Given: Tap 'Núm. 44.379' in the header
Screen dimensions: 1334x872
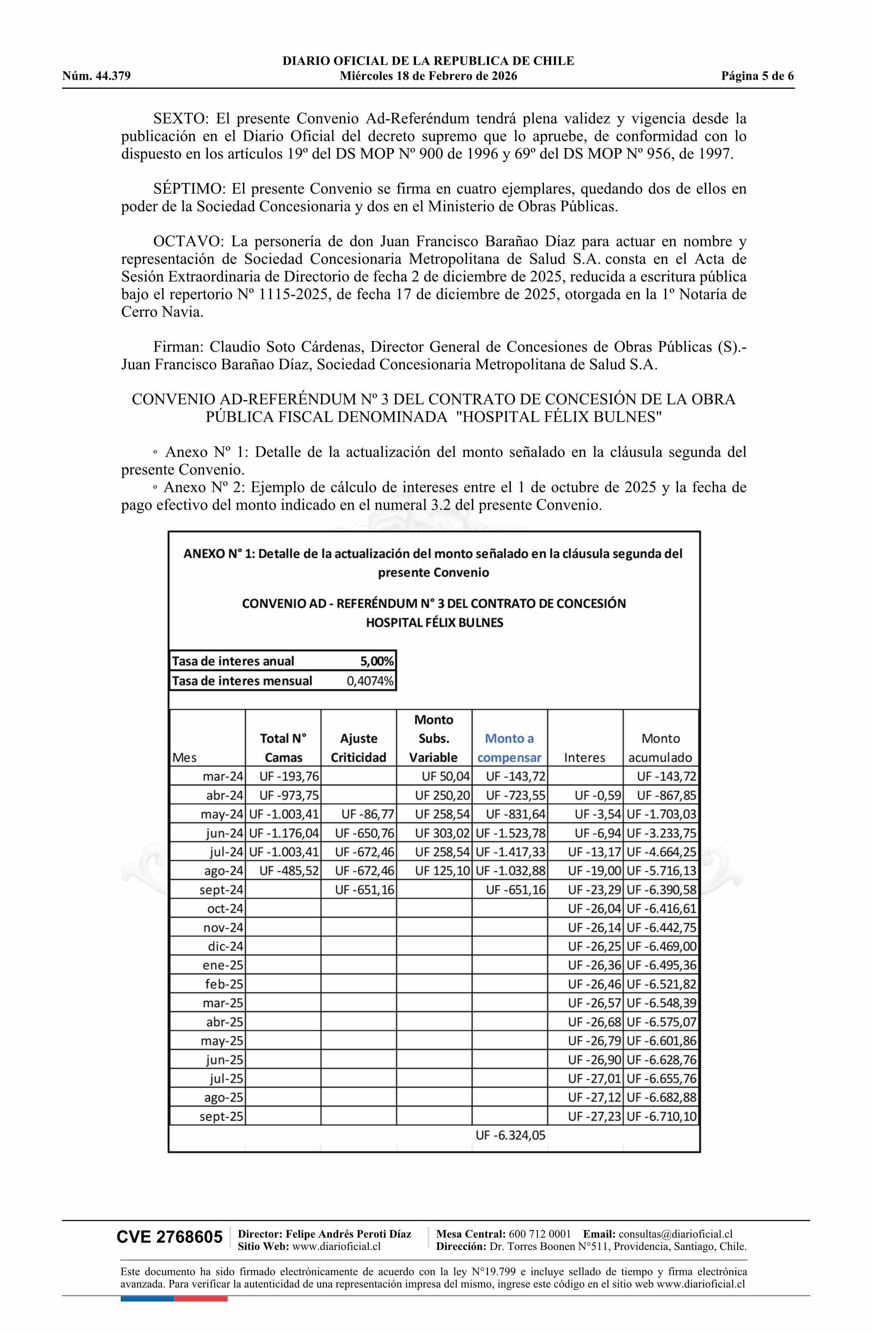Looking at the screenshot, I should point(96,76).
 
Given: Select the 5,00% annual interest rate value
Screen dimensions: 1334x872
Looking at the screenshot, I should point(376,662).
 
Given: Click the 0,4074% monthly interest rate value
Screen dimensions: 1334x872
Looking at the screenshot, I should point(370,681).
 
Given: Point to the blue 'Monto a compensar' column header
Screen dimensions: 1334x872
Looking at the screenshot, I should point(509,748).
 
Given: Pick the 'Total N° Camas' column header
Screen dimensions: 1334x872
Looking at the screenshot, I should point(283,748).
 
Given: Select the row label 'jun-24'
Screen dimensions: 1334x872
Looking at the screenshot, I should point(224,834).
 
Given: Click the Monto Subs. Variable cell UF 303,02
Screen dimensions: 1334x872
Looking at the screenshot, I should point(442,834).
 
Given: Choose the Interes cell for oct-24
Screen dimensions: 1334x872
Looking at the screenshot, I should point(594,908).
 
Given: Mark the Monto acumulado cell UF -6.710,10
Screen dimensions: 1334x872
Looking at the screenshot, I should point(661,1116).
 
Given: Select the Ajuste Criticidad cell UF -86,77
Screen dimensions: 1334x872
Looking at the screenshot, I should point(364,814).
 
